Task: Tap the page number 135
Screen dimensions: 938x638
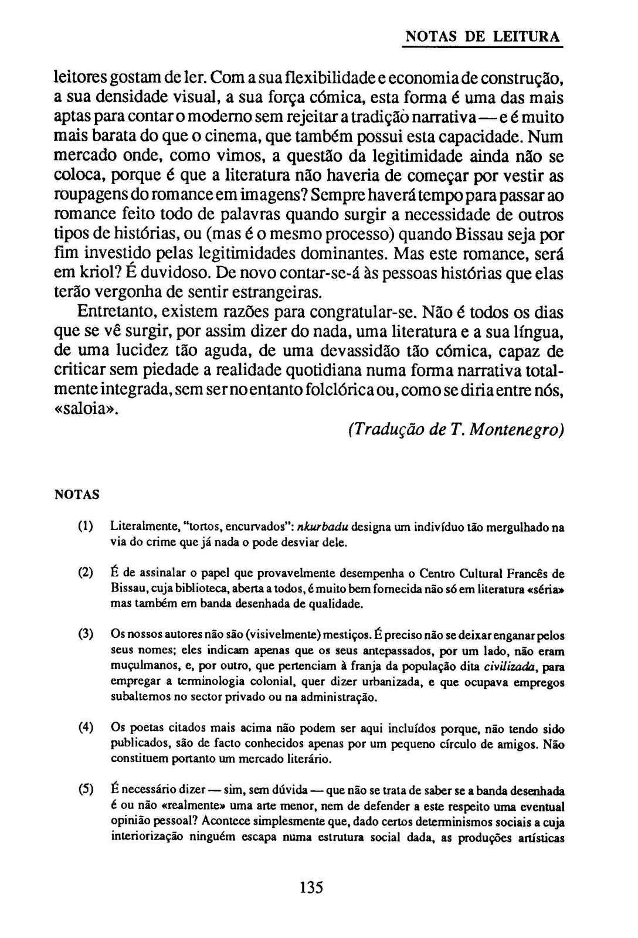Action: coord(311,887)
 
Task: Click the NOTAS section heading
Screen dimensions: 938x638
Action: coord(77,495)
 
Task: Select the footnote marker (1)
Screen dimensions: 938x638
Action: coord(86,526)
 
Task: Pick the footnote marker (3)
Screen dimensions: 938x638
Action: coord(86,634)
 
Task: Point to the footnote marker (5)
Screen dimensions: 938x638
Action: coord(86,789)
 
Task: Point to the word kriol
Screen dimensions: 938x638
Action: coord(89,273)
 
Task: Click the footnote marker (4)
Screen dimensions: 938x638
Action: coord(86,728)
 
